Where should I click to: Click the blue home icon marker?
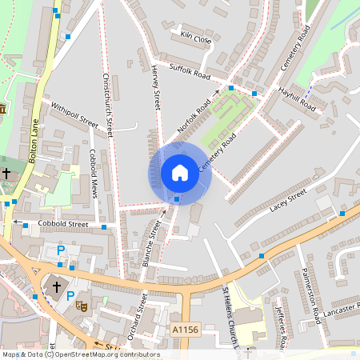180,172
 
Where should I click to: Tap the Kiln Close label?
195,37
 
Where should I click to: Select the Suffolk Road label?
189,71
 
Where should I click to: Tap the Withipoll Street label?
74,115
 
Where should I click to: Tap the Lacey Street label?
288,199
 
